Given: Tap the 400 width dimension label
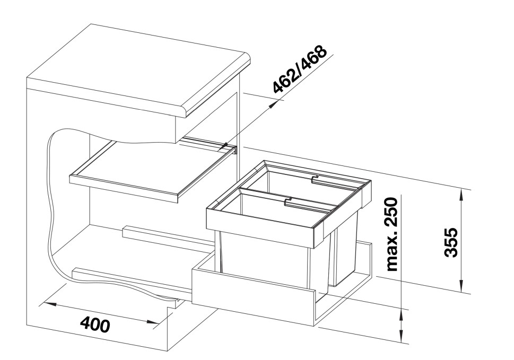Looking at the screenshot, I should (x=96, y=323).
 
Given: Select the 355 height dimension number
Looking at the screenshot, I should (x=451, y=242).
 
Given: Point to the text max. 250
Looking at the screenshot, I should (x=392, y=234).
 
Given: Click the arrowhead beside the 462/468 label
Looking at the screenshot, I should (x=273, y=104).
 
